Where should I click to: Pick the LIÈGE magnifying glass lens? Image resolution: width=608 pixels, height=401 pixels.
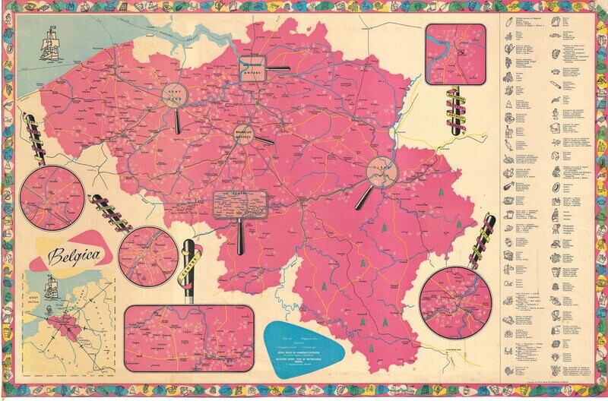click(382, 172)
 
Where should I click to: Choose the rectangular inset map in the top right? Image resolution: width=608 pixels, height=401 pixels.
click(455, 53)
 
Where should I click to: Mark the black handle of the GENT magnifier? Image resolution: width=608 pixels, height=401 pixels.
click(177, 122)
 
